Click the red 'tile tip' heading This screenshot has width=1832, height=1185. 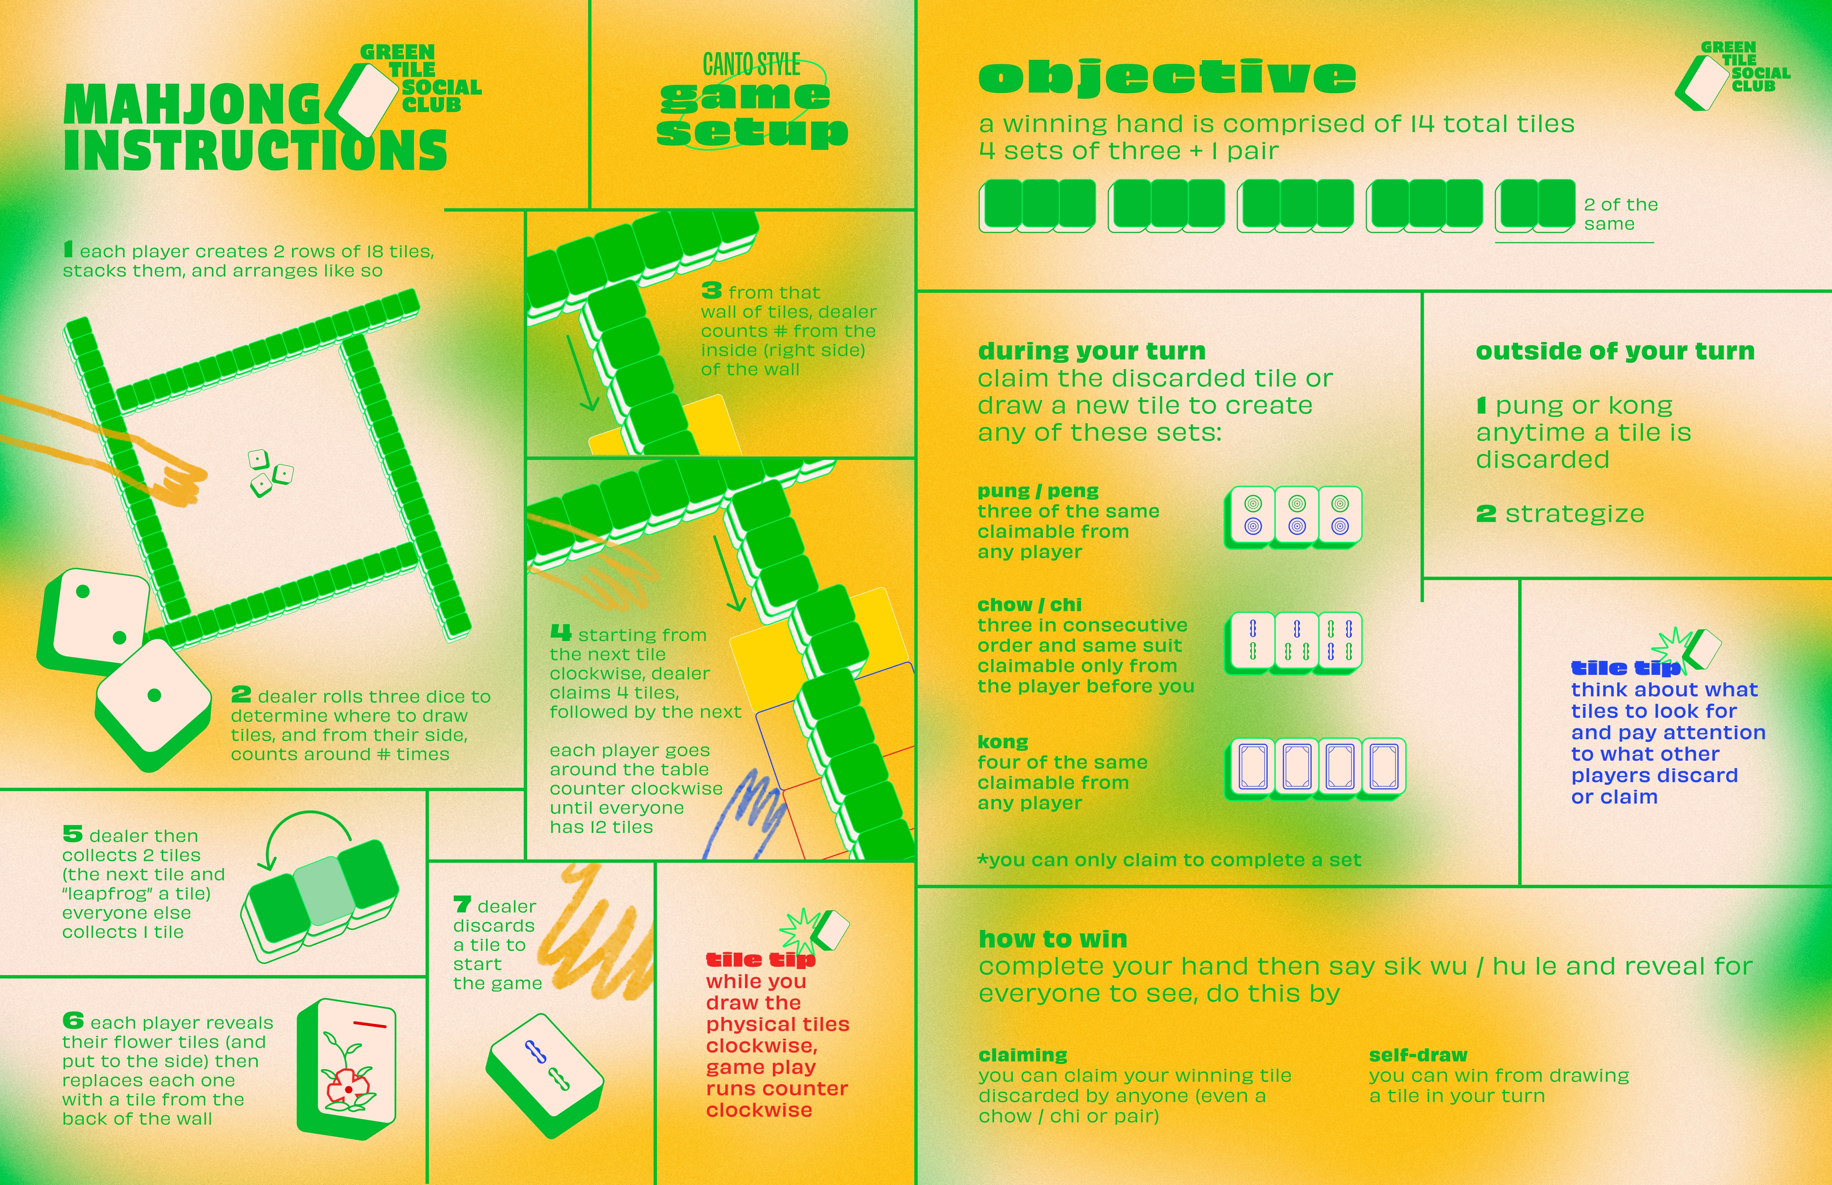tap(760, 960)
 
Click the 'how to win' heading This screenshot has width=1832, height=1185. tap(1052, 939)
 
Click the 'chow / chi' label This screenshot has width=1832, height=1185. tap(1029, 605)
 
